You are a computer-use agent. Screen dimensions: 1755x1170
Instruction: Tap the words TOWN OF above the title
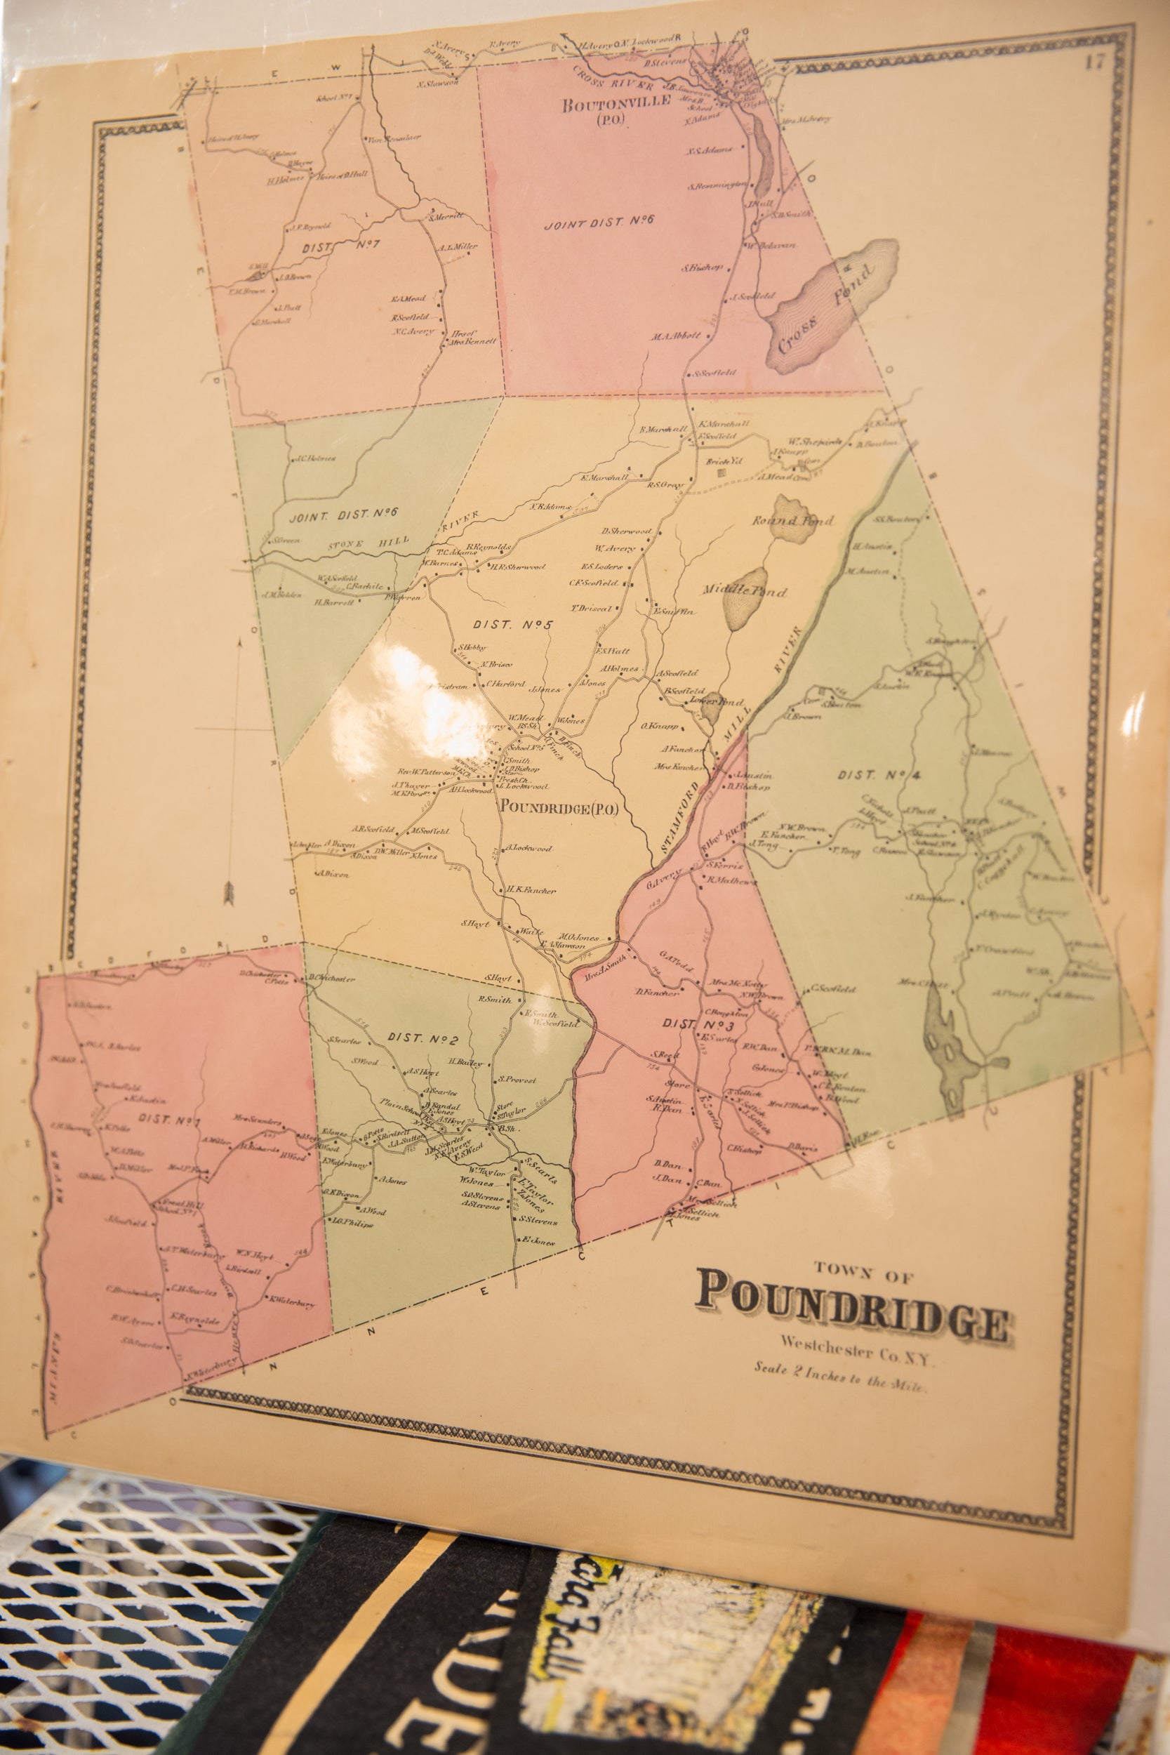(863, 1276)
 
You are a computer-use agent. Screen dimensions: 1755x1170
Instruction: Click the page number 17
(1094, 62)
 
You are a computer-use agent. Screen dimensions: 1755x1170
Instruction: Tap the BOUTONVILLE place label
(617, 105)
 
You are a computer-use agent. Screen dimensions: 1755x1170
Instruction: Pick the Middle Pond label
(744, 590)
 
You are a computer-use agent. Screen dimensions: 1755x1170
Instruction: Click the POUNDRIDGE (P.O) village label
(559, 807)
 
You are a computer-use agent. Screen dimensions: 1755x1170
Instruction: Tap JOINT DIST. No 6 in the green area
(344, 513)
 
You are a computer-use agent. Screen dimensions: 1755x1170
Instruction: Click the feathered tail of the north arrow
(230, 891)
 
